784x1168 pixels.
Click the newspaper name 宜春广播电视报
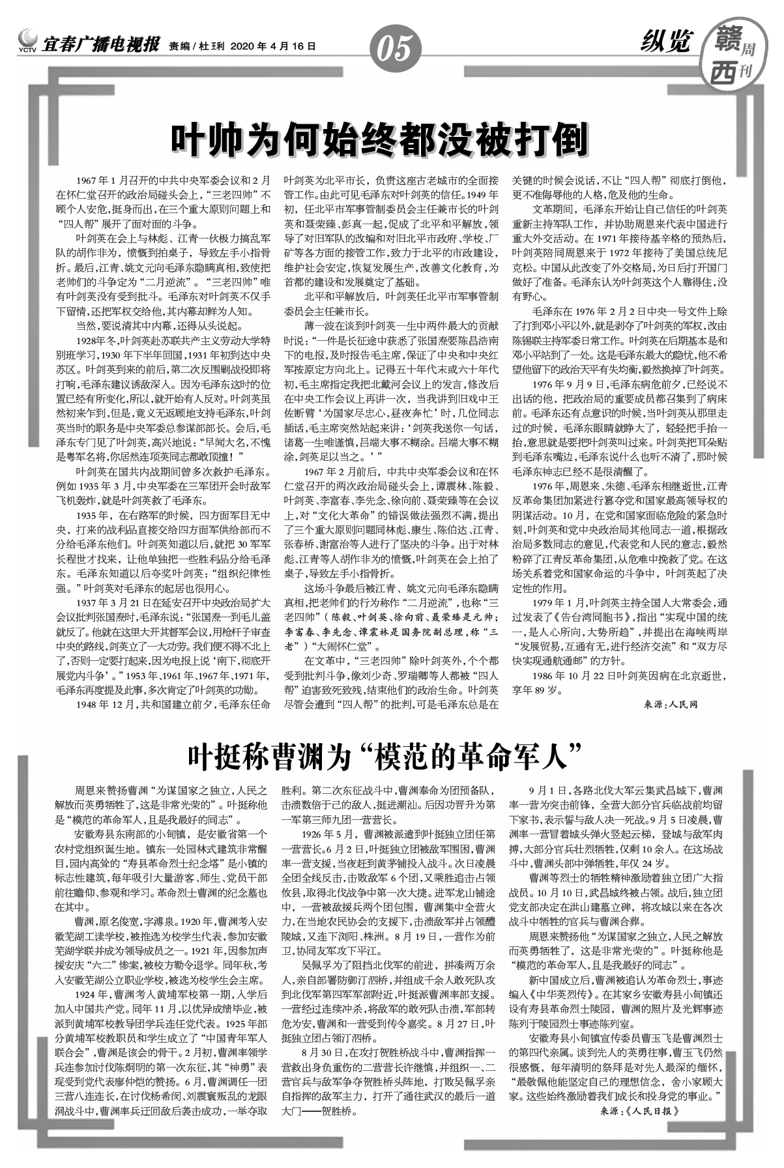pyautogui.click(x=101, y=46)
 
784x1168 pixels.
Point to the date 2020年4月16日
pyautogui.click(x=273, y=46)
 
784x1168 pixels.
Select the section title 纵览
pyautogui.click(x=665, y=43)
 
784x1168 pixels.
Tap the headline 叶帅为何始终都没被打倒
pyautogui.click(x=379, y=139)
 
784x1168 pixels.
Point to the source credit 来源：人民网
pyautogui.click(x=671, y=705)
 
